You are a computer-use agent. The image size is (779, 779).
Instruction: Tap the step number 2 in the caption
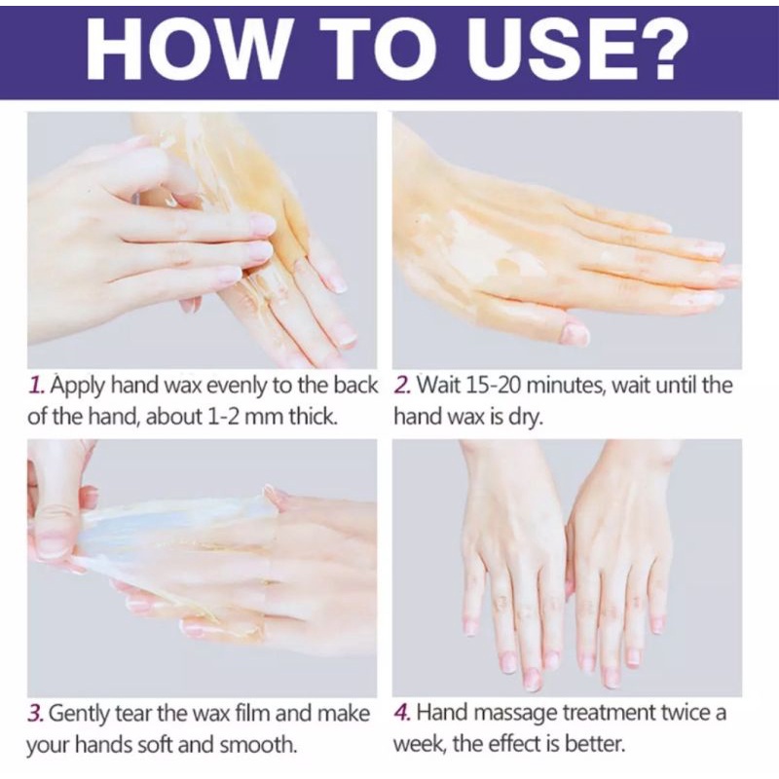(x=402, y=385)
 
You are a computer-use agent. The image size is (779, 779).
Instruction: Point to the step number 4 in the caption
(x=402, y=714)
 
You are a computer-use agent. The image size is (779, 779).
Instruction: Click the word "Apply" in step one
(x=78, y=387)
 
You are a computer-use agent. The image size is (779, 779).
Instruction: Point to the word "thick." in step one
(x=314, y=417)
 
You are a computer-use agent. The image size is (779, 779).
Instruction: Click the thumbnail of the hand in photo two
(x=575, y=333)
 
